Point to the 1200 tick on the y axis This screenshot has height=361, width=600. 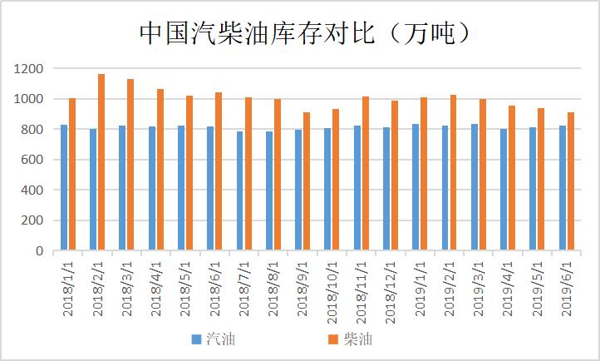(x=31, y=69)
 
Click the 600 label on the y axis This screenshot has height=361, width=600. (x=34, y=160)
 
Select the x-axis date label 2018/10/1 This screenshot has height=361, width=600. (x=329, y=287)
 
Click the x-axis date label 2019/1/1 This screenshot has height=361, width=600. (x=417, y=287)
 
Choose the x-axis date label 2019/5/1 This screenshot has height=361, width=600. (x=534, y=287)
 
